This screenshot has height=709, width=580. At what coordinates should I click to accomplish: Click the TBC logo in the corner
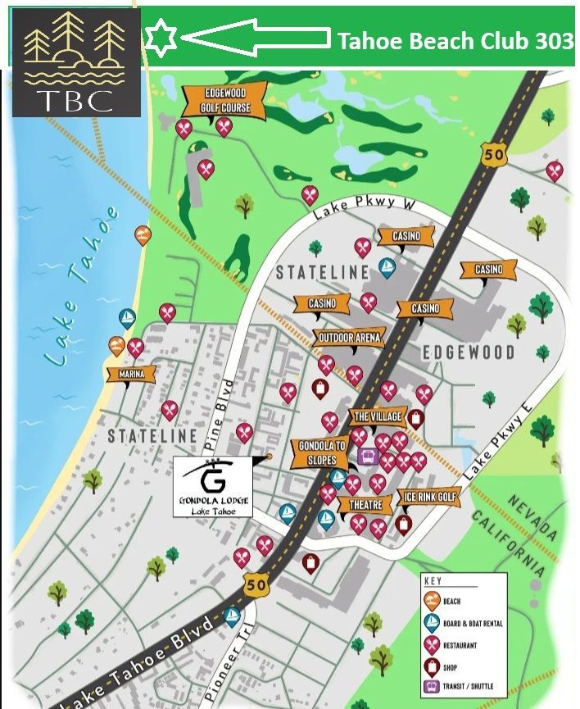pyautogui.click(x=76, y=62)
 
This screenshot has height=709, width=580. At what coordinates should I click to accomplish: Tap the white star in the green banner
pyautogui.click(x=161, y=38)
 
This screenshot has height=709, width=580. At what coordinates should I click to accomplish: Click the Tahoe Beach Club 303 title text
pyautogui.click(x=455, y=39)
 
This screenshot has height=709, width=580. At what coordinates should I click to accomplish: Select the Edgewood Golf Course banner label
pyautogui.click(x=225, y=101)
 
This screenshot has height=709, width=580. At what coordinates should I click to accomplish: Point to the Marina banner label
pyautogui.click(x=131, y=374)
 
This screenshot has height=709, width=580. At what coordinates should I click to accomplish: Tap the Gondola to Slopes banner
pyautogui.click(x=322, y=452)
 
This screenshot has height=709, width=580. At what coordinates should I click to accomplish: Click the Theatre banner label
pyautogui.click(x=365, y=505)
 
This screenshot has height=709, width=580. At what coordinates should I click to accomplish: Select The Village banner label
pyautogui.click(x=377, y=417)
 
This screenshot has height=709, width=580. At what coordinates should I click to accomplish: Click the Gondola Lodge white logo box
pyautogui.click(x=213, y=487)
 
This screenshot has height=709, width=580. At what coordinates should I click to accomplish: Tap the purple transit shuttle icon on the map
pyautogui.click(x=367, y=456)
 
